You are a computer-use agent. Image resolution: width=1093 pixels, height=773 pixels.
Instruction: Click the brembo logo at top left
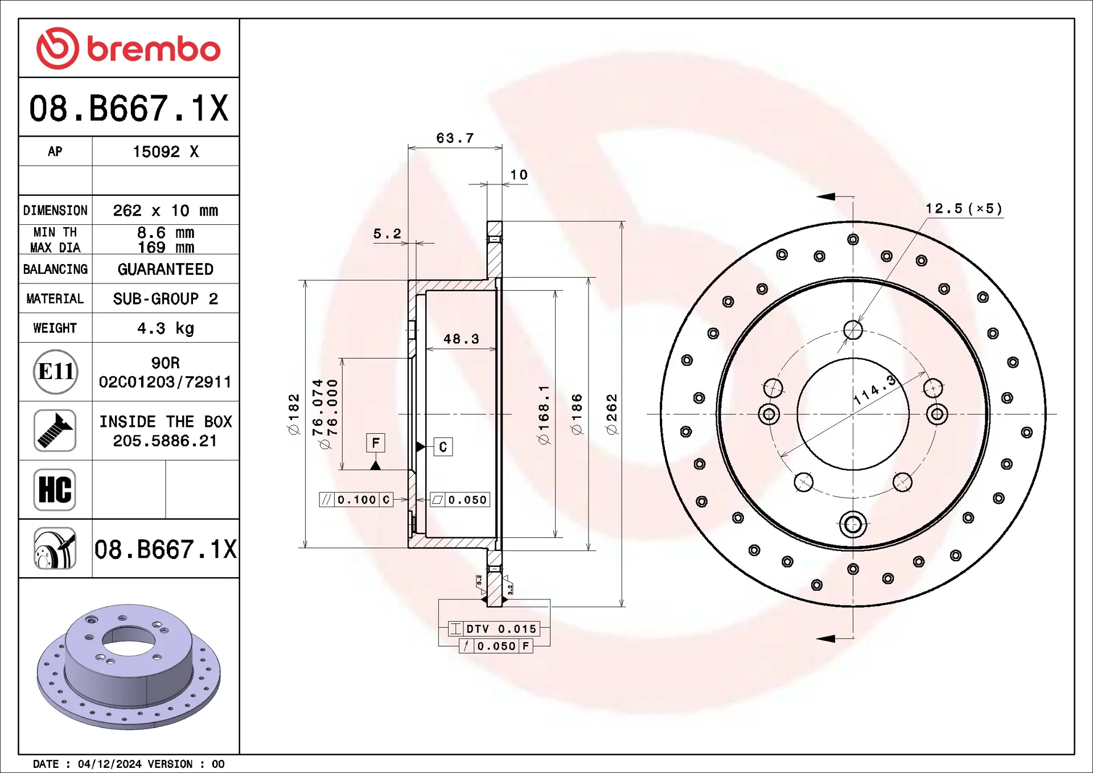pyautogui.click(x=128, y=48)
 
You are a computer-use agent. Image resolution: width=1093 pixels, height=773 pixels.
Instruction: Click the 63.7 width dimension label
pyautogui.click(x=455, y=138)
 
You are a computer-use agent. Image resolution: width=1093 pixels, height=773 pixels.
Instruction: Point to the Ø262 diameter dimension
pyautogui.click(x=612, y=414)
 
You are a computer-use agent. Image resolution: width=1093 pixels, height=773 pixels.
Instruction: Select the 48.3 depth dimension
pyautogui.click(x=461, y=339)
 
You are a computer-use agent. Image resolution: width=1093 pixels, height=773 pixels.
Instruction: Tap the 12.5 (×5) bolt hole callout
pyautogui.click(x=963, y=209)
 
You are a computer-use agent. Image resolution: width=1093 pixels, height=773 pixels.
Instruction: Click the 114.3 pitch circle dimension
pyautogui.click(x=875, y=390)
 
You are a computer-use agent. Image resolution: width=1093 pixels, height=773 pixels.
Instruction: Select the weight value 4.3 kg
pyautogui.click(x=165, y=328)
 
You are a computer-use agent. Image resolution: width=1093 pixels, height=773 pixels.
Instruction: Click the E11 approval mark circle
pyautogui.click(x=55, y=372)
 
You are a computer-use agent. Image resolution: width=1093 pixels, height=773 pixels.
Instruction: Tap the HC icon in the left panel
pyautogui.click(x=55, y=490)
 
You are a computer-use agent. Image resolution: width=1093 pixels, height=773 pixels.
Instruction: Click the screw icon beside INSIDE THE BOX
pyautogui.click(x=55, y=431)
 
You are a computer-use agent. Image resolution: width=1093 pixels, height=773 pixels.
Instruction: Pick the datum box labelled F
pyautogui.click(x=376, y=443)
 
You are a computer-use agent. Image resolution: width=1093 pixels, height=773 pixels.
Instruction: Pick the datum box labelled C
pyautogui.click(x=443, y=447)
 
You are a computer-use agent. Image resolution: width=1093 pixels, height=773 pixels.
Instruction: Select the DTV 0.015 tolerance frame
pyautogui.click(x=494, y=629)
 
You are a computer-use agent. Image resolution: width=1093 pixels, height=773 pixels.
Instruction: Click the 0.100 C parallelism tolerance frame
pyautogui.click(x=356, y=500)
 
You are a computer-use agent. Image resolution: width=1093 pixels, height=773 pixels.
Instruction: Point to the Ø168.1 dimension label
pyautogui.click(x=544, y=414)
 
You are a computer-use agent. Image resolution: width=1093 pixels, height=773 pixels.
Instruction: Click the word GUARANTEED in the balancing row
pyautogui.click(x=165, y=269)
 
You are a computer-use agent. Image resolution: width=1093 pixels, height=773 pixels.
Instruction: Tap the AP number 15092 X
pyautogui.click(x=165, y=152)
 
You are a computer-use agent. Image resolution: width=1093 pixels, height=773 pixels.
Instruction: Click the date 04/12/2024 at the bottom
pyautogui.click(x=109, y=764)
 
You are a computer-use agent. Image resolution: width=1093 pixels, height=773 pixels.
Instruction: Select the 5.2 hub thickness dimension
pyautogui.click(x=387, y=234)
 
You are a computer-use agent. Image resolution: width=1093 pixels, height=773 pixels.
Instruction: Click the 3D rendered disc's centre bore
pyautogui.click(x=128, y=642)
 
